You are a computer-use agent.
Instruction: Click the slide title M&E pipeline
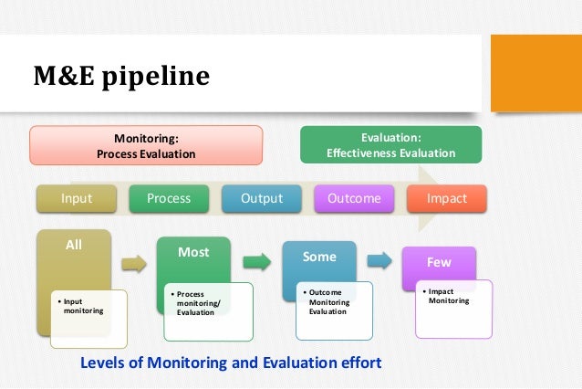[122, 75]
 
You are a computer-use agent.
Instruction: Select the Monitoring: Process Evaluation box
[146, 146]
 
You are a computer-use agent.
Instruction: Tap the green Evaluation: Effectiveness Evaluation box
[390, 145]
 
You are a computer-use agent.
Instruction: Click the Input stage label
[77, 198]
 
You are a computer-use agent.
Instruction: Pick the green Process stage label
[169, 198]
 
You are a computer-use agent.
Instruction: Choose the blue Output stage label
[262, 198]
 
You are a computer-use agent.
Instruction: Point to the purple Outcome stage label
[353, 198]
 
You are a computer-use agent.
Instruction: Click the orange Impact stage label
[447, 198]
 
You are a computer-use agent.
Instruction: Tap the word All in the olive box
[74, 245]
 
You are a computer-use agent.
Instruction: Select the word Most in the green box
[193, 252]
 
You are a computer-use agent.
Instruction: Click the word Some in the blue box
[319, 257]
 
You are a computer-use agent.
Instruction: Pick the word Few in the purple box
[439, 262]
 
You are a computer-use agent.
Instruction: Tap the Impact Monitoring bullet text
[448, 296]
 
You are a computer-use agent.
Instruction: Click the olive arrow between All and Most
[134, 265]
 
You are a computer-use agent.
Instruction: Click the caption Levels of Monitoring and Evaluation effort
[231, 363]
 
